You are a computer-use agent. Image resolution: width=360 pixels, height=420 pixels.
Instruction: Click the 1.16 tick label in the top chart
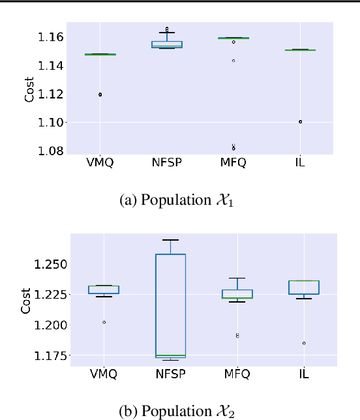click(x=51, y=37)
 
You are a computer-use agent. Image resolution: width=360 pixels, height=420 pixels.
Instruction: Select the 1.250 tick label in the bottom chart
click(x=47, y=265)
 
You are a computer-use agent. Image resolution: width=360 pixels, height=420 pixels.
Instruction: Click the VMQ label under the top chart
click(x=100, y=163)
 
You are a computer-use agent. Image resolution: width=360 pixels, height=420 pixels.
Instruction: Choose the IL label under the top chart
click(x=300, y=163)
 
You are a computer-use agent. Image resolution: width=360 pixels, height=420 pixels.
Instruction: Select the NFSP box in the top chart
click(x=167, y=44)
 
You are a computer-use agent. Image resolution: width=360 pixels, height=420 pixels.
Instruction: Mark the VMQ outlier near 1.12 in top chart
click(x=100, y=95)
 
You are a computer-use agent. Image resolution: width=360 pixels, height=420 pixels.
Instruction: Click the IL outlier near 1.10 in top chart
click(x=300, y=121)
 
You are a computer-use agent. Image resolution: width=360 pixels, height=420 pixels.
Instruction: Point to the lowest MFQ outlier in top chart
click(x=233, y=149)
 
